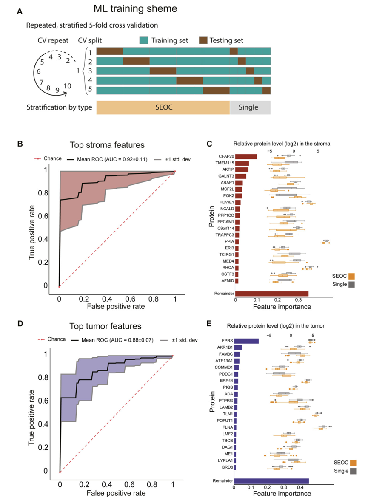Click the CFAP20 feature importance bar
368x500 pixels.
point(246,157)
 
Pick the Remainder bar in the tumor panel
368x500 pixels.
point(271,480)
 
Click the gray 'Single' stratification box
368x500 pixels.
point(250,107)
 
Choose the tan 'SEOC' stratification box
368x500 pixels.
point(163,107)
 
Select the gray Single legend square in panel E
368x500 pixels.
point(351,471)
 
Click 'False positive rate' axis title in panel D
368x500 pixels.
point(116,493)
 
